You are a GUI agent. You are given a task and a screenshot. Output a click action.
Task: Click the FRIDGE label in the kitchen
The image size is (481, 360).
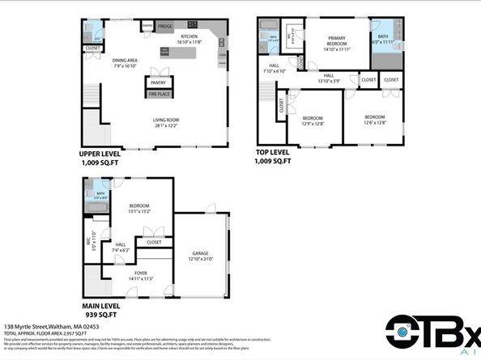coord(165,27)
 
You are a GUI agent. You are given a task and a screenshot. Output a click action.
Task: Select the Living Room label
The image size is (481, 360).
coord(165,122)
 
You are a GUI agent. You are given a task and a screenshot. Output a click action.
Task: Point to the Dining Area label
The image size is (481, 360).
coord(126,61)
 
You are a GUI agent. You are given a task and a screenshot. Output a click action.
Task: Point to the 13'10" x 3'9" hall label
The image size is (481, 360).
coord(330,80)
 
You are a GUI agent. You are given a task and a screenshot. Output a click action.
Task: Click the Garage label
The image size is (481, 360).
coord(200,255)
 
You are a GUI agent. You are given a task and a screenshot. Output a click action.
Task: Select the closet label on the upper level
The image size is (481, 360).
coord(92,48)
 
